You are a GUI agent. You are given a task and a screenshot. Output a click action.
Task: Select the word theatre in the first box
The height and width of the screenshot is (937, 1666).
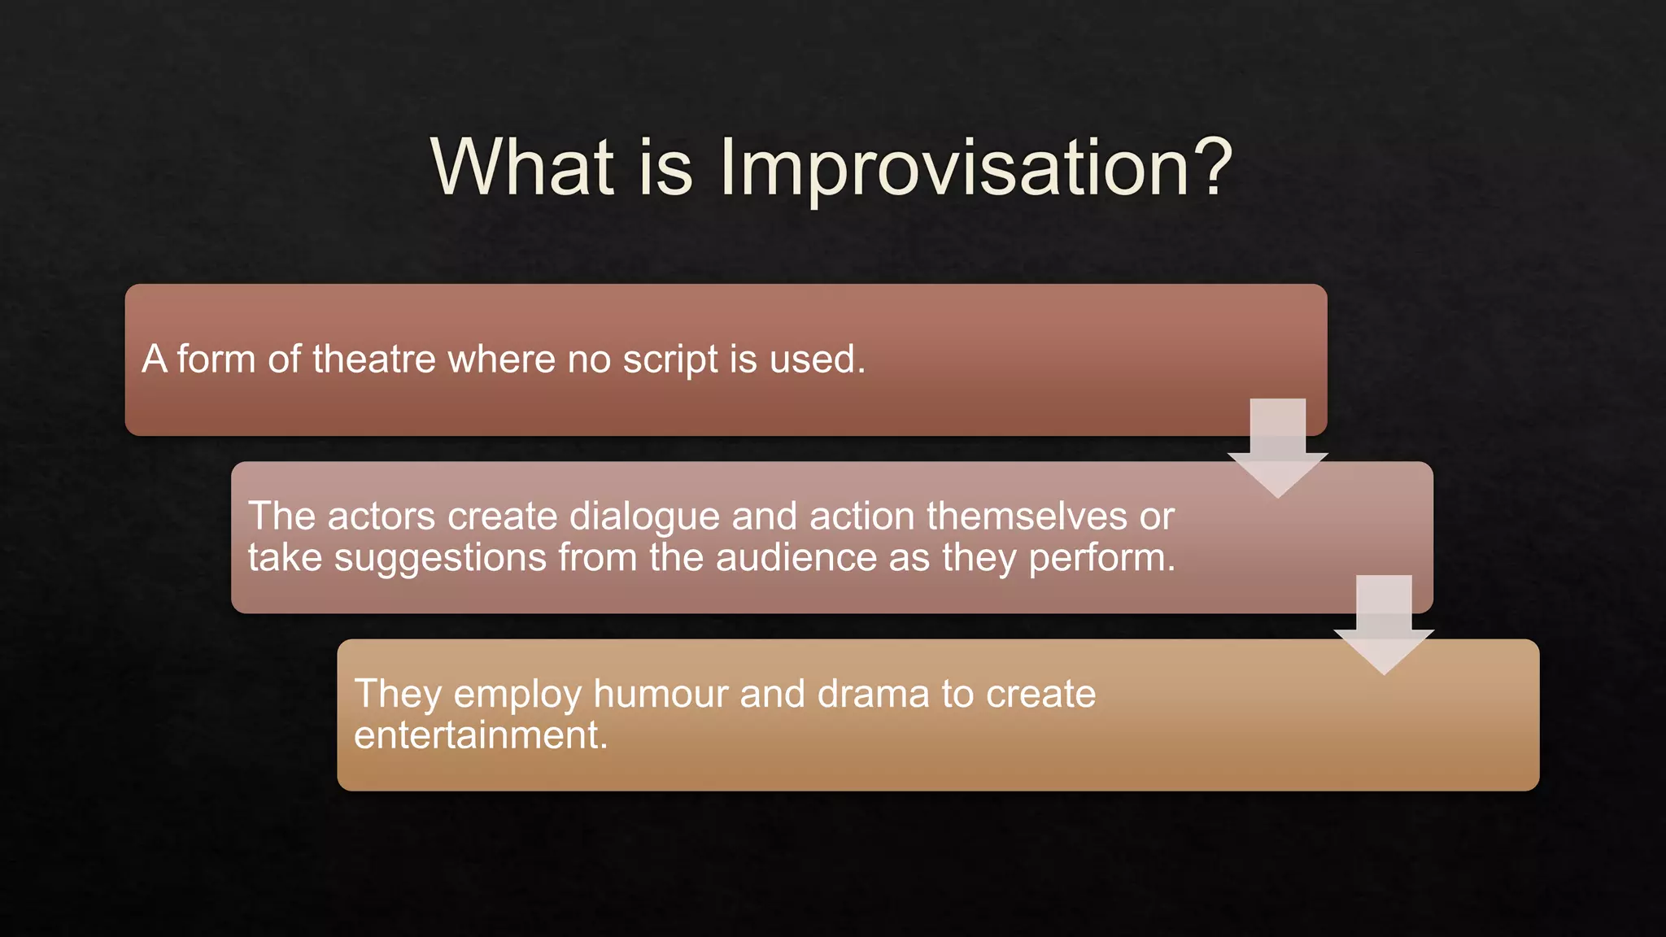[373, 359]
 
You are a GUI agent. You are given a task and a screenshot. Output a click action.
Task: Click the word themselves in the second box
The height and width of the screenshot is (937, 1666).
[1026, 516]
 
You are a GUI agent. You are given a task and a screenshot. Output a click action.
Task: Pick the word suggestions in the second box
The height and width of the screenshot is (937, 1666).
[439, 559]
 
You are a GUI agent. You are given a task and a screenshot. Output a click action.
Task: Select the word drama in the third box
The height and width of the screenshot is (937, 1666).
[872, 694]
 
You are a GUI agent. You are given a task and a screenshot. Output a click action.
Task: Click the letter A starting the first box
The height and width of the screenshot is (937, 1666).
[155, 359]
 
